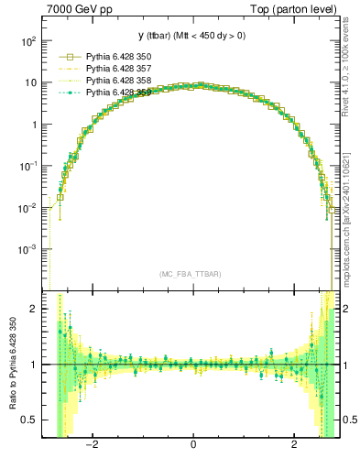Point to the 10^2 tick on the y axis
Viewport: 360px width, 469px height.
click(30, 41)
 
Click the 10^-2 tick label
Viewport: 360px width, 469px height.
click(28, 208)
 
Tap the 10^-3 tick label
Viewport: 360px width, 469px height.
click(28, 249)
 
